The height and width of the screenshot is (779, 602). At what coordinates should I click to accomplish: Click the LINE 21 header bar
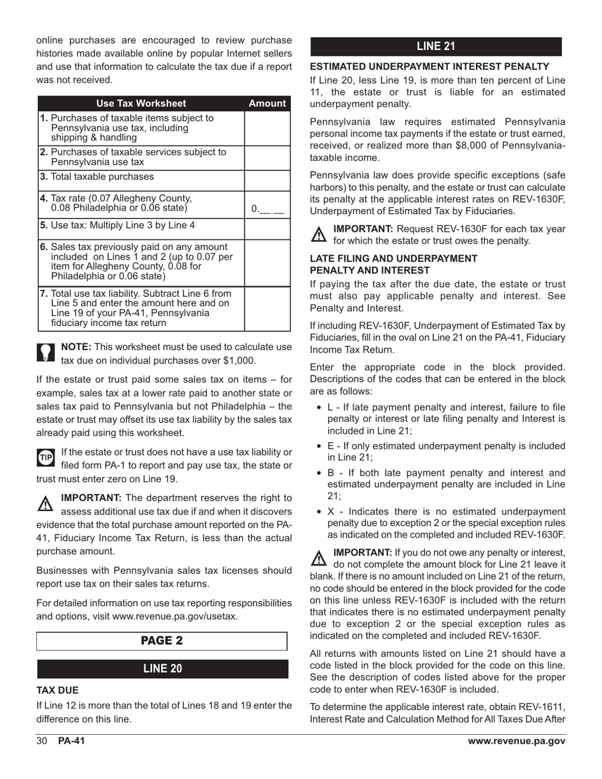435,46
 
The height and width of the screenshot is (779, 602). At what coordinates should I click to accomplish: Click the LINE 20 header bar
162,669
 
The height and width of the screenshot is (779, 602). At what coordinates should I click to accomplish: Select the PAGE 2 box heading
162,640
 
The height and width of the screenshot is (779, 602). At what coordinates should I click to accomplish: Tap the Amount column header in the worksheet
267,103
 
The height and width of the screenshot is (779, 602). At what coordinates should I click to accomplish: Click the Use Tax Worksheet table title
141,103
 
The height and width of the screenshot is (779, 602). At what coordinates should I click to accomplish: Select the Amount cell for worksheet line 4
267,205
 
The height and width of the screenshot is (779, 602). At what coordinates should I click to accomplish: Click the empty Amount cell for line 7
267,308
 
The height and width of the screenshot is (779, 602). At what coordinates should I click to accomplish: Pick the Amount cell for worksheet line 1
267,128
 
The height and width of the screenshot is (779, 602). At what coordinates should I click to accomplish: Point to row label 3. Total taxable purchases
101,177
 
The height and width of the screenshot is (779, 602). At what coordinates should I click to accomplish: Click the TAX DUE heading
58,690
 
